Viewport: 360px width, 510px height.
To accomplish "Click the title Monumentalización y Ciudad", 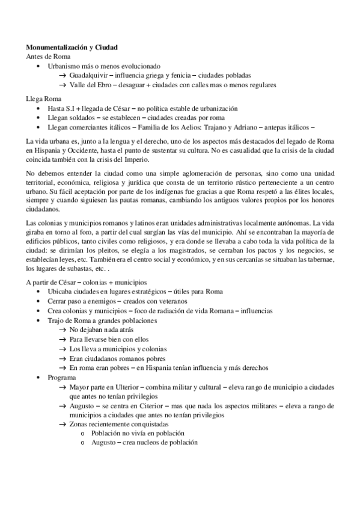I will tap(72, 47).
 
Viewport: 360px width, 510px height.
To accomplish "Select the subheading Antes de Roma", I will tap(47, 56).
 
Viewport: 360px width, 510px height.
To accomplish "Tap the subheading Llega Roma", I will tap(43, 98).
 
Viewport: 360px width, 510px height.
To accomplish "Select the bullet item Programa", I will tap(62, 377).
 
